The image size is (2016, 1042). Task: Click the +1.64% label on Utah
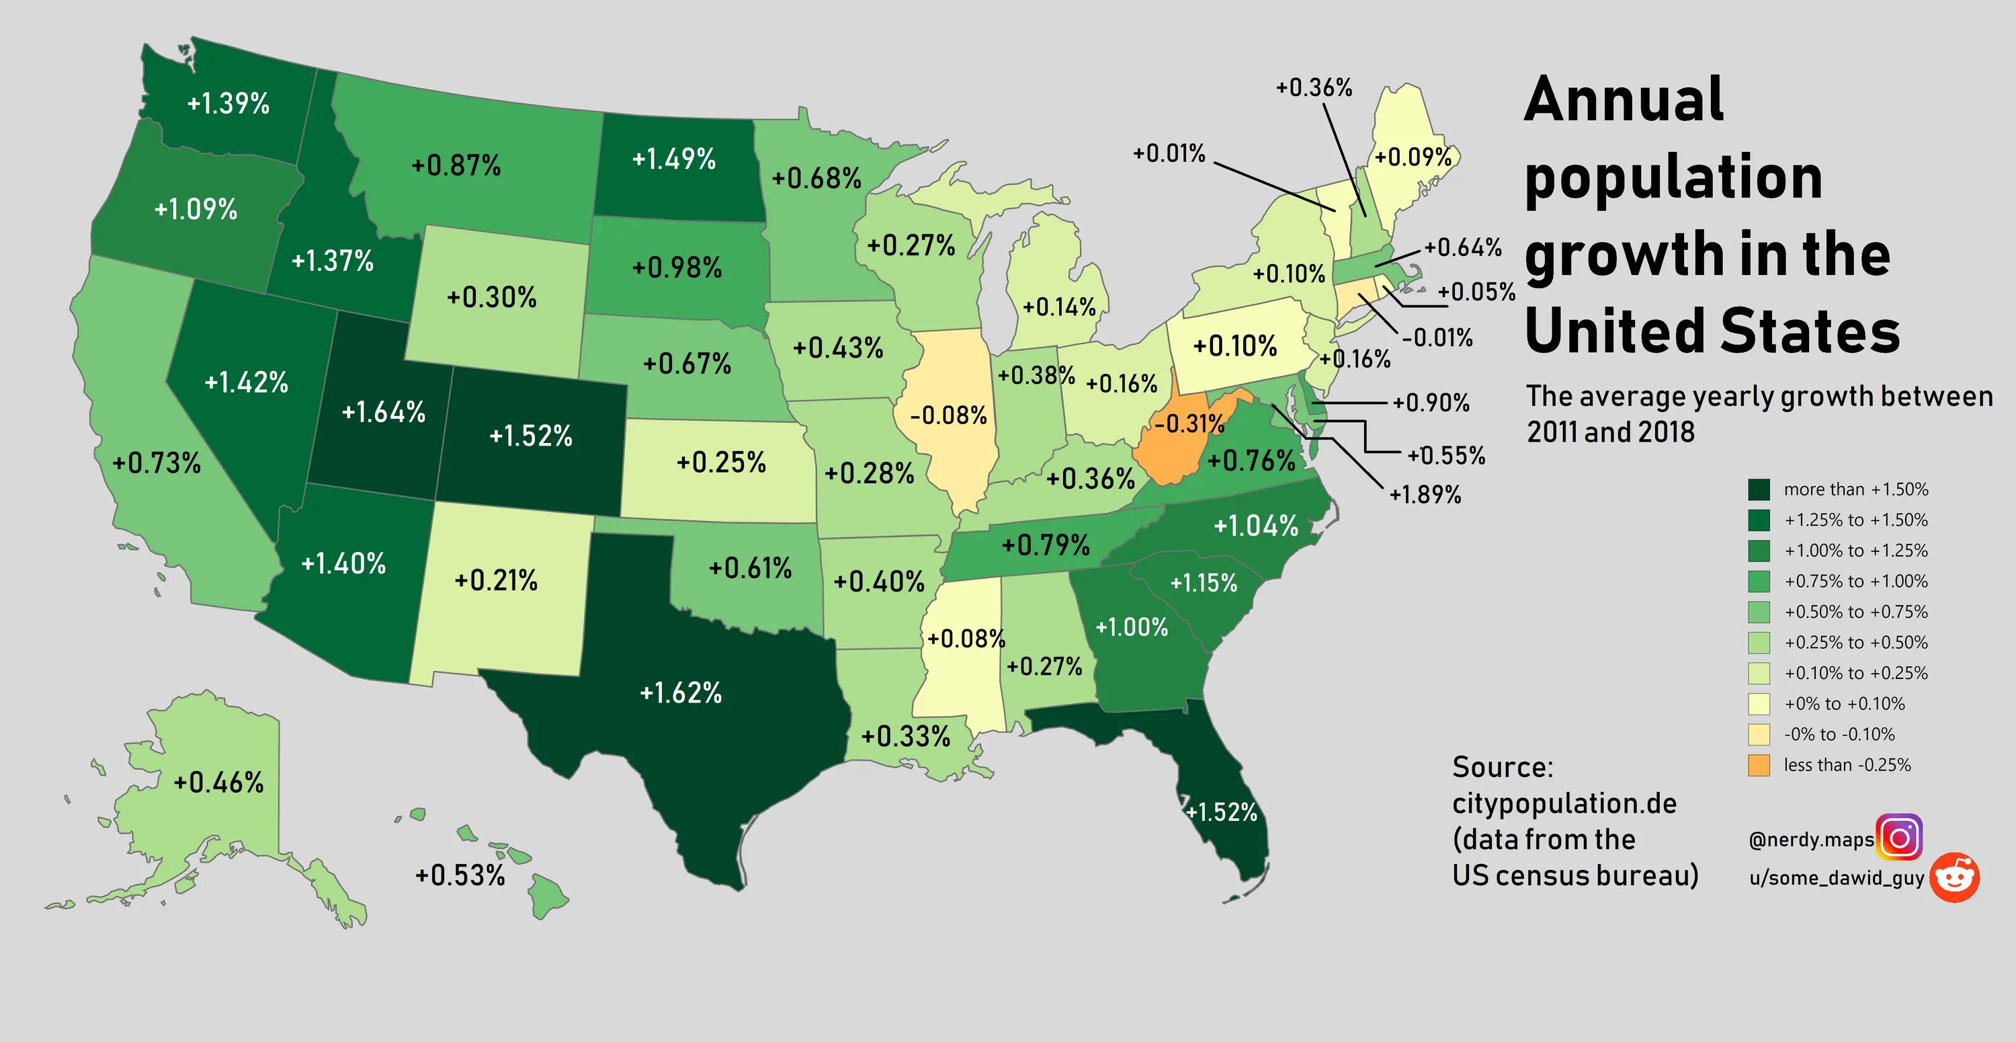pos(384,412)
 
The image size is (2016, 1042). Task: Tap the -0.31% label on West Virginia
pos(1189,424)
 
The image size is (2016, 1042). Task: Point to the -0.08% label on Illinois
pos(948,415)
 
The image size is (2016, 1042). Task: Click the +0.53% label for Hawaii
pos(460,875)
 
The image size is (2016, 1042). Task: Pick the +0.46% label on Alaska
pos(218,782)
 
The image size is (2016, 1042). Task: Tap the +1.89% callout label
pos(1425,495)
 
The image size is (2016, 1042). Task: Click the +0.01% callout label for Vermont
pos(1169,153)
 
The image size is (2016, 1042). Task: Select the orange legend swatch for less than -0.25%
pos(1759,765)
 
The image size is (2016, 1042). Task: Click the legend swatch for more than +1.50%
pos(1759,489)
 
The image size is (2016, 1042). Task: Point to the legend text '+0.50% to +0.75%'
pos(1855,612)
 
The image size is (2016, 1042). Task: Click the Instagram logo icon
pos(1899,836)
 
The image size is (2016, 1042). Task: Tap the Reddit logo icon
pos(1954,877)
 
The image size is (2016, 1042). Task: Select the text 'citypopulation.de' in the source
pos(1564,803)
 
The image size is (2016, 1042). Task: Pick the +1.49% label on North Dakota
pos(673,159)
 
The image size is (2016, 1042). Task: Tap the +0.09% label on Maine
pos(1413,157)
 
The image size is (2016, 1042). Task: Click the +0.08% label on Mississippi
pos(966,639)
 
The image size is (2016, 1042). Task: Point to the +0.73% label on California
pos(157,463)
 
